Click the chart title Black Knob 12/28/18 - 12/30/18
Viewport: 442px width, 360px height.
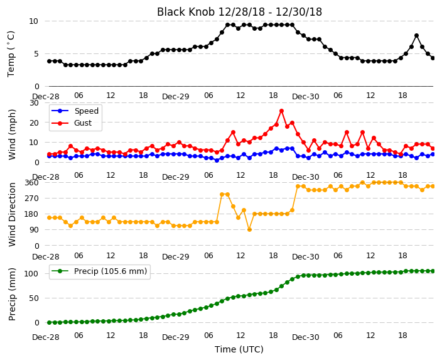[x=239, y=12]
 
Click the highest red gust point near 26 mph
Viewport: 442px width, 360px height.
[x=281, y=111]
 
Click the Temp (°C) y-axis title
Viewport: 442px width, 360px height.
[x=11, y=54]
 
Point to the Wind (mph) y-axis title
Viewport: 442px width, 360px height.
[x=12, y=134]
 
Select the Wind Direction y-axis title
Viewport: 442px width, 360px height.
[x=12, y=215]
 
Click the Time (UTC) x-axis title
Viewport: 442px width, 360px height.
[x=239, y=349]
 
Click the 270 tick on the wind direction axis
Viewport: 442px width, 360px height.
[x=33, y=199]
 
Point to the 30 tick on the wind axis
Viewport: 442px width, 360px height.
[x=34, y=102]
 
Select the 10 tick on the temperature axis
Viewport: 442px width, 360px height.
[x=33, y=21]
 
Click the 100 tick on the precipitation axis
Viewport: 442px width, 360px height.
[x=31, y=274]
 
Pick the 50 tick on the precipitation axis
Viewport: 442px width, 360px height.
[x=34, y=298]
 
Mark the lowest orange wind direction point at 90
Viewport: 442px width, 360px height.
[x=249, y=230]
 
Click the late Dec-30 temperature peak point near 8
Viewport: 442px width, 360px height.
[x=417, y=36]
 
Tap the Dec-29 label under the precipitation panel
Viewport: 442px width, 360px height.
[x=176, y=337]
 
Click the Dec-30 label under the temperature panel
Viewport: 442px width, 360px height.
[x=306, y=97]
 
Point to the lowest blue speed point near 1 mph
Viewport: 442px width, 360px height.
[x=217, y=160]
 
